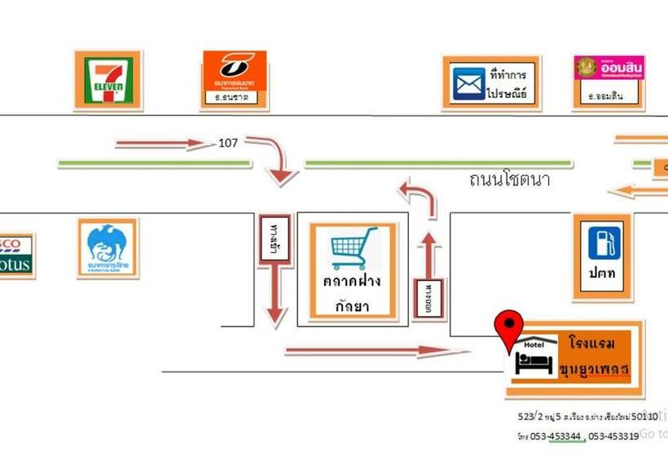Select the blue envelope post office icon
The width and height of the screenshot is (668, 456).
[468, 83]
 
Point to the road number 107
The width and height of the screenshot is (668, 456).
[228, 143]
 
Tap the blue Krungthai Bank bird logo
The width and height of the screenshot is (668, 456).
[108, 247]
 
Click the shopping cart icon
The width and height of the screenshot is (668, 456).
[354, 248]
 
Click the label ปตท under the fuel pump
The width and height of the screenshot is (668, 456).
[602, 274]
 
